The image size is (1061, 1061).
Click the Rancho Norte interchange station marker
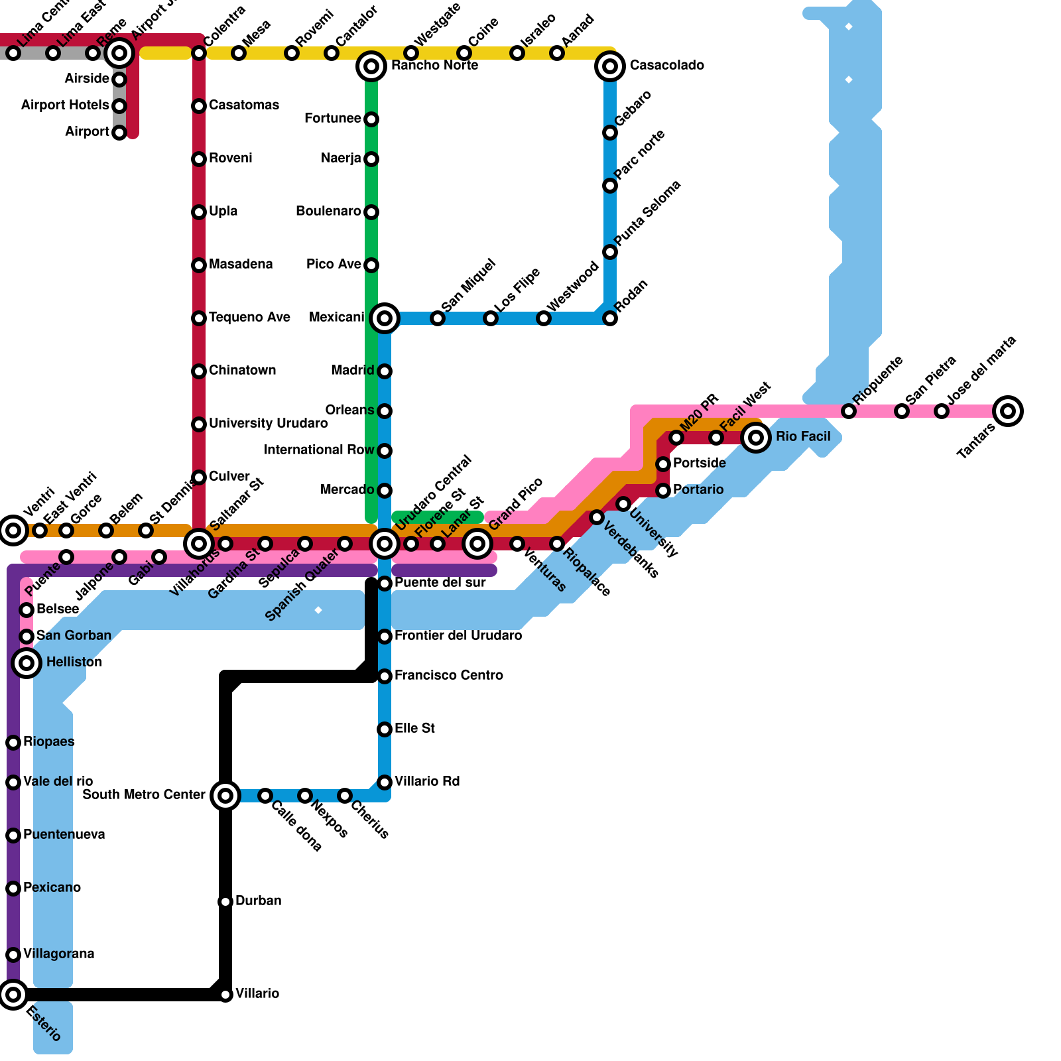tap(371, 66)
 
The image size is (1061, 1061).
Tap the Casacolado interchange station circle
tap(610, 66)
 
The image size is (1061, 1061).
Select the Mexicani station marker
tap(385, 318)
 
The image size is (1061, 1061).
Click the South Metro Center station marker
tap(225, 795)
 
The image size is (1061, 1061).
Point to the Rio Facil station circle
tap(756, 438)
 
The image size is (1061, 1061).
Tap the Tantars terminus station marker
tap(1008, 411)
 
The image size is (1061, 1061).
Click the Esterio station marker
tap(13, 995)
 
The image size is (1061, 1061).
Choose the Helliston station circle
tap(27, 662)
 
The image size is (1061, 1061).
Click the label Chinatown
tap(242, 370)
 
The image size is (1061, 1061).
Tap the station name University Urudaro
tap(268, 423)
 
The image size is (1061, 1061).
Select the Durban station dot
tap(225, 902)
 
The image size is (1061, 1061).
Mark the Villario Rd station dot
tap(385, 782)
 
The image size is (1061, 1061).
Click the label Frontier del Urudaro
tap(458, 635)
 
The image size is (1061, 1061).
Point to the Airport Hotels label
tap(65, 105)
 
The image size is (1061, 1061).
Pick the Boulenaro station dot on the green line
tap(371, 212)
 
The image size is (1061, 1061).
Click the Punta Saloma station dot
tap(610, 252)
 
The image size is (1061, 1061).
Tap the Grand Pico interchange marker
tap(477, 544)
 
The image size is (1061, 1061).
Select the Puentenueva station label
tap(64, 834)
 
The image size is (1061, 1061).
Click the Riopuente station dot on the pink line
tap(849, 411)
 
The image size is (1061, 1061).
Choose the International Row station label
tap(319, 450)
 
